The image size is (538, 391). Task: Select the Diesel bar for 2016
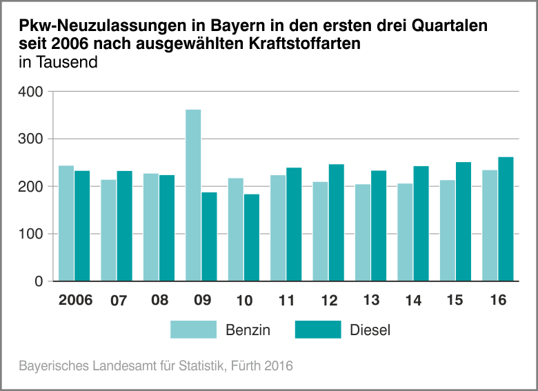pos(506,219)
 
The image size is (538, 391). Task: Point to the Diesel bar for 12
pos(336,223)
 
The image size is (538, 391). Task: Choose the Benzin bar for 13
pos(363,232)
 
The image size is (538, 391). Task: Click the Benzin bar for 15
pos(448,230)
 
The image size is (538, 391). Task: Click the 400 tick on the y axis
pos(32,92)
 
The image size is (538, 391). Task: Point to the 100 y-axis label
pos(32,234)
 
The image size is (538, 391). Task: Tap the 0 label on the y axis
pos(39,281)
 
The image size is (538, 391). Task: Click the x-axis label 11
pos(286,301)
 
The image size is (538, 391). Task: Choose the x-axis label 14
pos(413,301)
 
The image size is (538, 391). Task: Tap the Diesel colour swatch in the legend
pos(318,330)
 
